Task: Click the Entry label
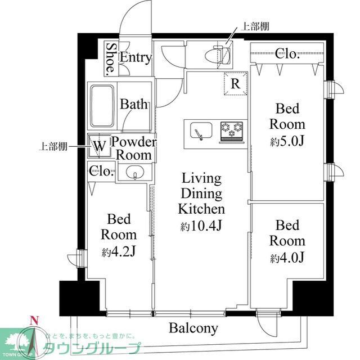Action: [x=136, y=57]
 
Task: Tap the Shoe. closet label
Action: [x=112, y=58]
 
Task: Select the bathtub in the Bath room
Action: [x=103, y=105]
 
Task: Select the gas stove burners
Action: [x=231, y=131]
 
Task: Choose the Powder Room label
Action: [x=133, y=148]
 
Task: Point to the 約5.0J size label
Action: [x=287, y=141]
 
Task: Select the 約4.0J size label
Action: [x=287, y=258]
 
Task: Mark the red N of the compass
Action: [x=35, y=322]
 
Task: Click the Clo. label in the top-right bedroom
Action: [x=287, y=54]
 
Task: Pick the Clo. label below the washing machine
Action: [x=102, y=172]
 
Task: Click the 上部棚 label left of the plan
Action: [x=54, y=146]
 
